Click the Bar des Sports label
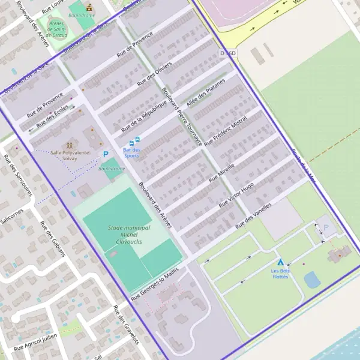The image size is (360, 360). (131, 152)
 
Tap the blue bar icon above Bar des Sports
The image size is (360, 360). (131, 143)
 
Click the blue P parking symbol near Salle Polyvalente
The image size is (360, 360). (106, 154)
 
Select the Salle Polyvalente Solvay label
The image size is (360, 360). (70, 155)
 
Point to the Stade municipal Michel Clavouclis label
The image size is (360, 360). (129, 235)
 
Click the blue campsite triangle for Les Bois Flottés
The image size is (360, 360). (280, 262)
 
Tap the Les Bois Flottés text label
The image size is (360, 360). (280, 274)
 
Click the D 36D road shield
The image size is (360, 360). (228, 53)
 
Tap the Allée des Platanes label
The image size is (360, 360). (206, 92)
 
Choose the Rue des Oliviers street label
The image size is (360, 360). (155, 74)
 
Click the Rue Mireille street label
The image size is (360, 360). (221, 172)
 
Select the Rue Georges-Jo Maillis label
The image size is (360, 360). (155, 283)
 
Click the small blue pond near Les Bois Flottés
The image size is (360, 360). (312, 280)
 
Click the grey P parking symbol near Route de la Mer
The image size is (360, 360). (326, 229)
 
